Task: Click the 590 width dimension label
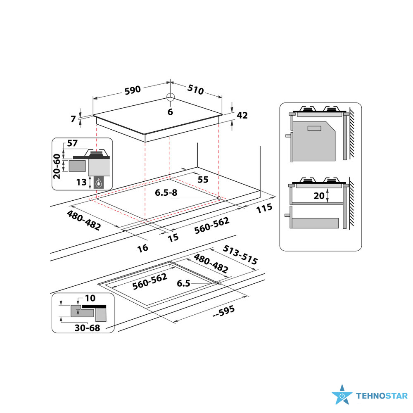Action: pyautogui.click(x=133, y=90)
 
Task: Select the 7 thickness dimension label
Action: pyautogui.click(x=74, y=119)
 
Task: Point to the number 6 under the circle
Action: pyautogui.click(x=170, y=112)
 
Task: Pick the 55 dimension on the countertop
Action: pyautogui.click(x=202, y=180)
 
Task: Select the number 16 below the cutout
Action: pyautogui.click(x=142, y=247)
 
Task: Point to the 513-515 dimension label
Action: pyautogui.click(x=240, y=254)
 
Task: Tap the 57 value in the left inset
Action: pyautogui.click(x=72, y=144)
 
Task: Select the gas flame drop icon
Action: pyautogui.click(x=99, y=183)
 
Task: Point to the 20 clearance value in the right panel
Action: pyautogui.click(x=319, y=196)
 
